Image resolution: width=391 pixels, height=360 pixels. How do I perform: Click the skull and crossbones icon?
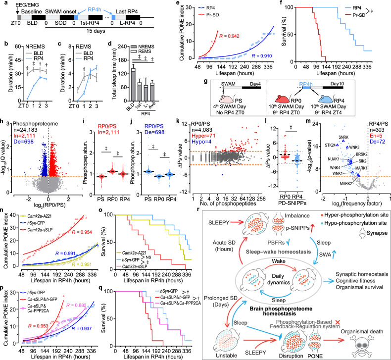pos(367,333)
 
